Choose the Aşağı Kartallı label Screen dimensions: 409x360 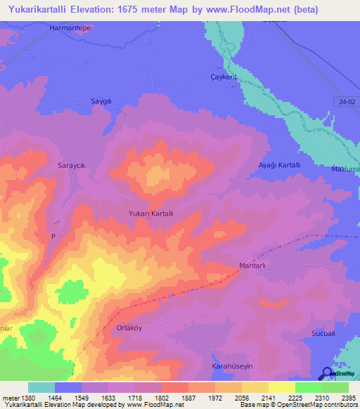click(280, 164)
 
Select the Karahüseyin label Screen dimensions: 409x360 click(232, 367)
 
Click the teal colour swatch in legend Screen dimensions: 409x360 click(41, 387)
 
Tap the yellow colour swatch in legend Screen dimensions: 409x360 click(281, 387)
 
